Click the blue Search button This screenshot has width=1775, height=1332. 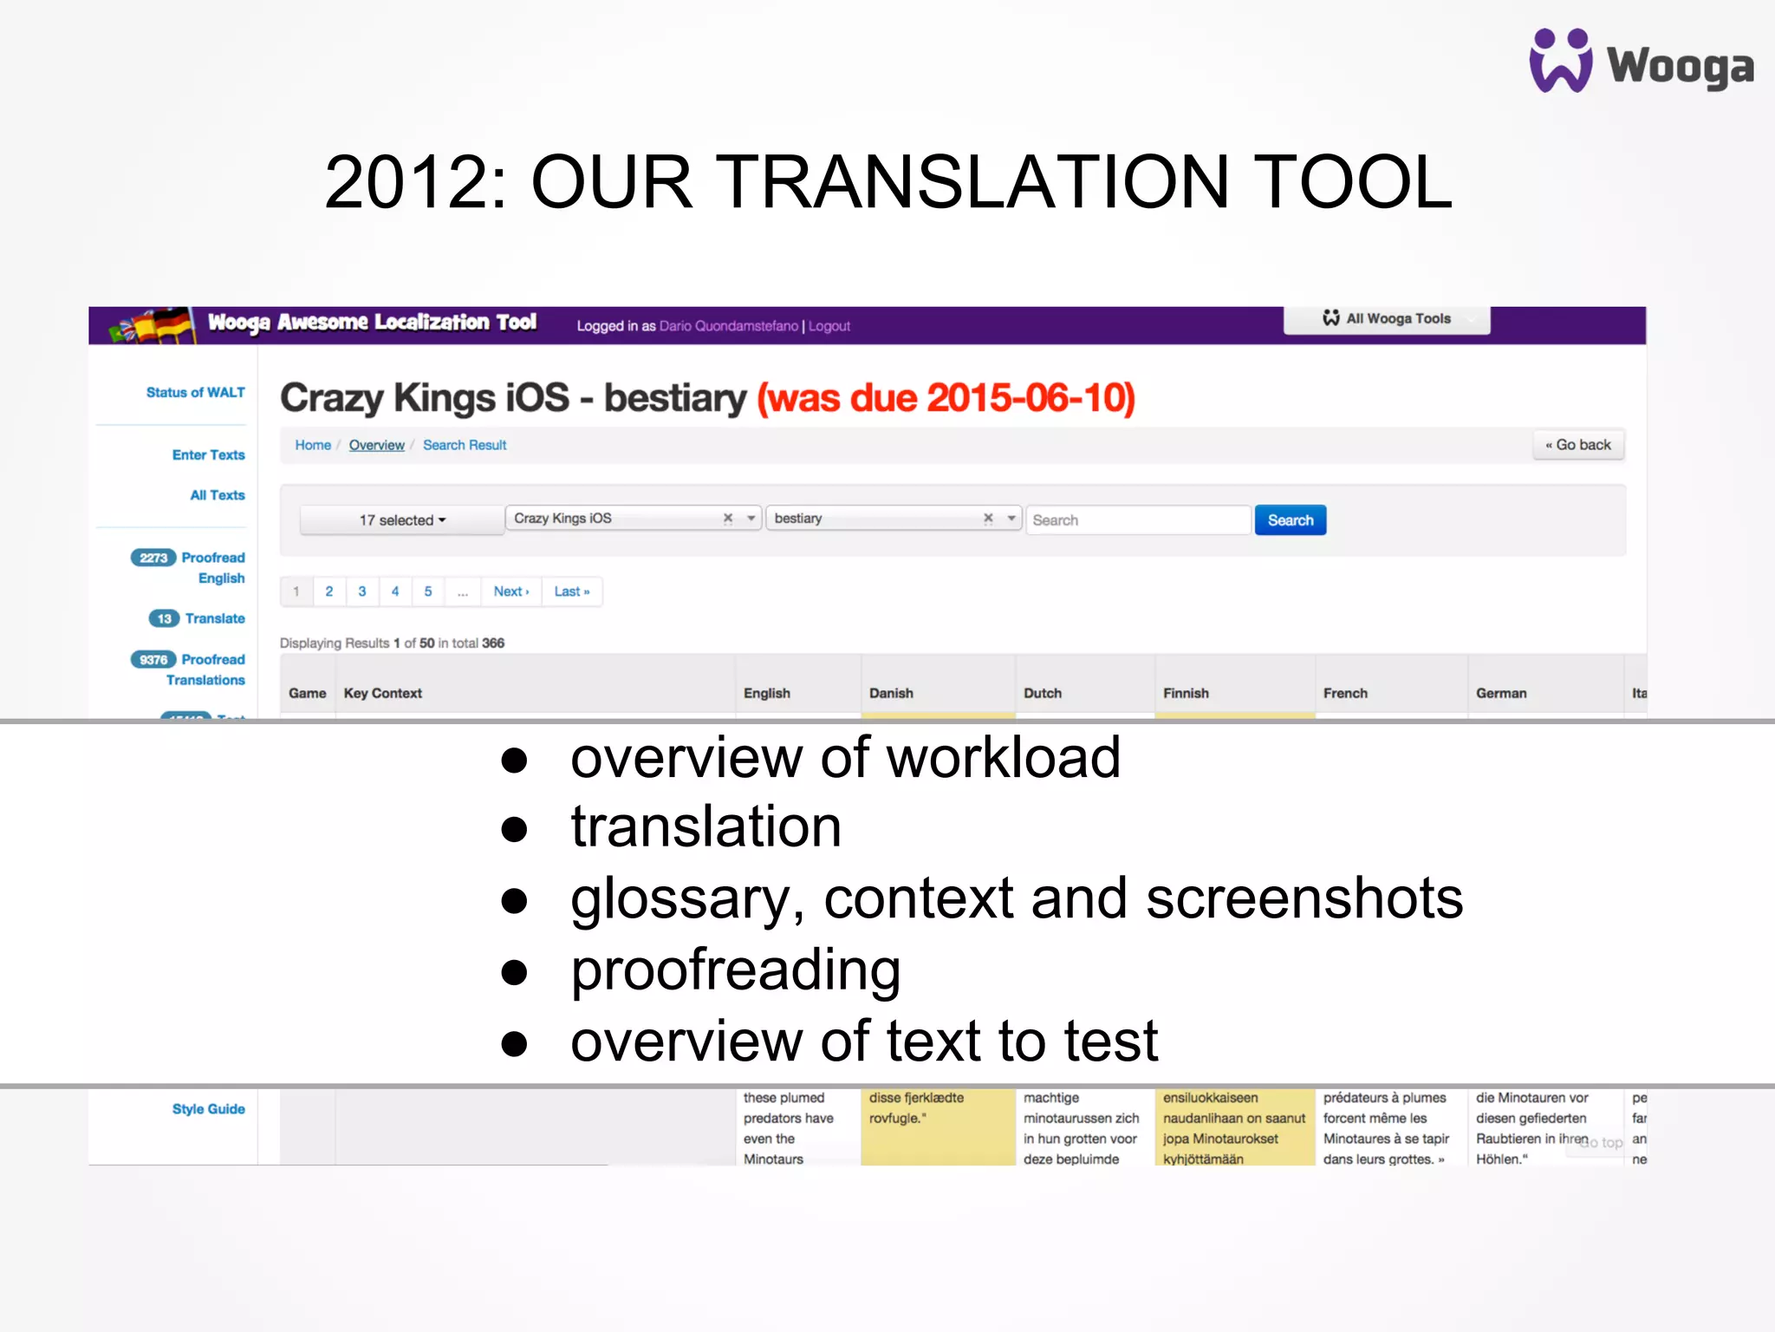(x=1290, y=520)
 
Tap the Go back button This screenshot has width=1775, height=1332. (x=1578, y=445)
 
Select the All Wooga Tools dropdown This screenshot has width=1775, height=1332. (x=1387, y=319)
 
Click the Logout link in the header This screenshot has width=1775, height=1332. (x=829, y=326)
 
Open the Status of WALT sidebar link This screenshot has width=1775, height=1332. (x=195, y=393)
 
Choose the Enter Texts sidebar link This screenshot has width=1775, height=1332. (x=208, y=455)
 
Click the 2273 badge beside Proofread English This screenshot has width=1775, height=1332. (x=153, y=558)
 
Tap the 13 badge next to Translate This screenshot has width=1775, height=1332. (x=164, y=618)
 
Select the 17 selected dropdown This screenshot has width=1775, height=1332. (x=402, y=520)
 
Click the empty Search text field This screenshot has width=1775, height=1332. (x=1138, y=520)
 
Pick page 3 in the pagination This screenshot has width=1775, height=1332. (x=362, y=591)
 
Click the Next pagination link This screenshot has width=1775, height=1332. (x=510, y=591)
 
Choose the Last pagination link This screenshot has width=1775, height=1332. (x=571, y=591)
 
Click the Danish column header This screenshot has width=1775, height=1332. (x=891, y=693)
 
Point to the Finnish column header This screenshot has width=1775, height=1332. (x=1186, y=693)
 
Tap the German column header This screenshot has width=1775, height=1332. (x=1501, y=693)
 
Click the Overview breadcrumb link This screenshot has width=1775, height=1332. (x=376, y=445)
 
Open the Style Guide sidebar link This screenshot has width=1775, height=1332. (x=208, y=1109)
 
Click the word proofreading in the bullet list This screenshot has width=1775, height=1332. (x=736, y=970)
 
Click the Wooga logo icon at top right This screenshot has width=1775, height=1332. (x=1560, y=61)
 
